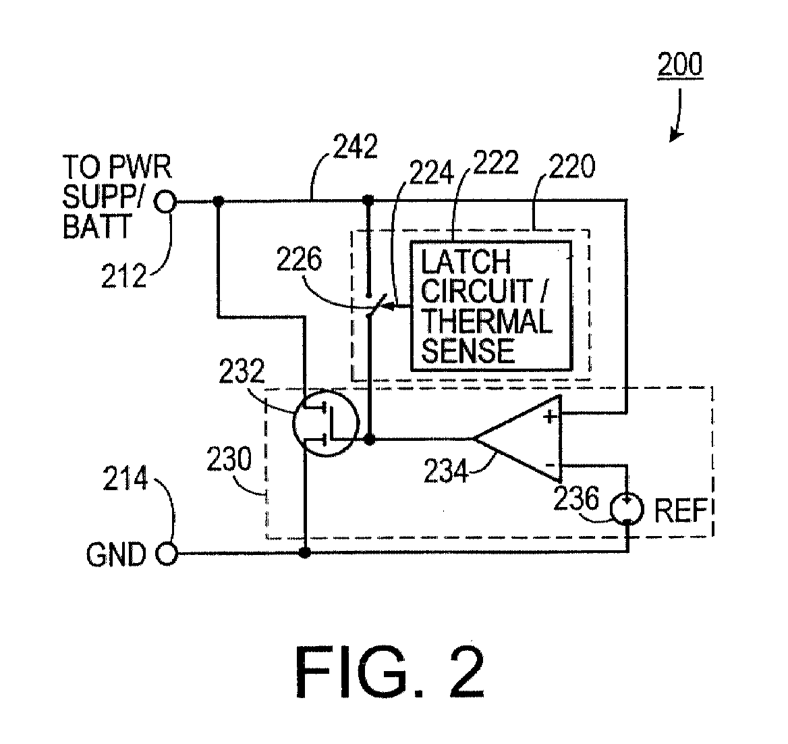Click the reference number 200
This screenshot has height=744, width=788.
679,65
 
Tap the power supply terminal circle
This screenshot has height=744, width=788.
166,201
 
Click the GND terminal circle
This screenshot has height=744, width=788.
166,554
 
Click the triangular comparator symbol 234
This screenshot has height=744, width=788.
519,439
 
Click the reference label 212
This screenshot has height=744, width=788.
124,275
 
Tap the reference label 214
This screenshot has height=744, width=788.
124,481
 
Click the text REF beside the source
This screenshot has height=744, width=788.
682,510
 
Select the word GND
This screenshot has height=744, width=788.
115,555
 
